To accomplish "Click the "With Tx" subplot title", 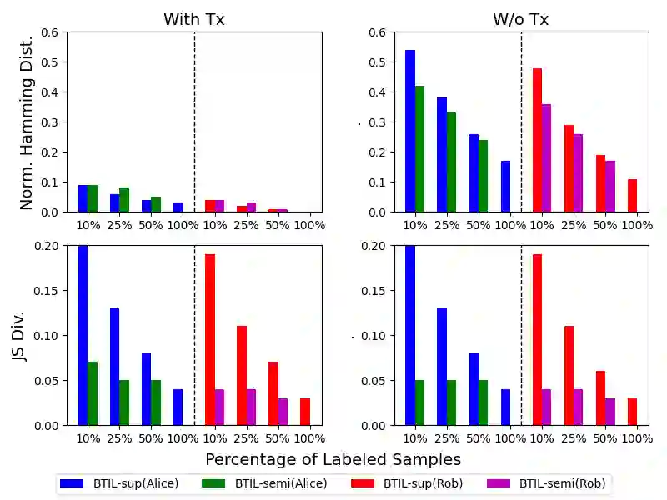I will click(194, 19).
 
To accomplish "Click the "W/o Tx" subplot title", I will click(521, 19).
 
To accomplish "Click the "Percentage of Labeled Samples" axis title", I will click(333, 459).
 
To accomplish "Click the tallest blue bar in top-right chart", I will click(410, 131).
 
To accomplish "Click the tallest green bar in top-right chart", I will click(419, 148).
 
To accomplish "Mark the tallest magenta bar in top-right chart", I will click(547, 157).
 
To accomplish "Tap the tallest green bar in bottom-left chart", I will click(93, 393).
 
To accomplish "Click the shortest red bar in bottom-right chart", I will click(632, 412).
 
